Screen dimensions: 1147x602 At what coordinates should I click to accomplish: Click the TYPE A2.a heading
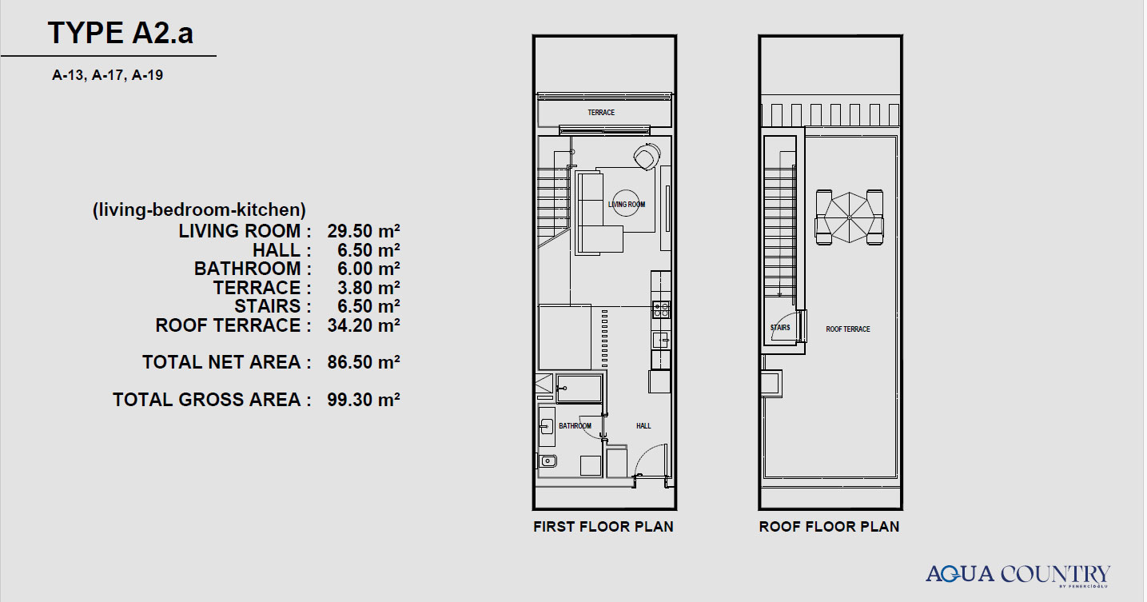121,33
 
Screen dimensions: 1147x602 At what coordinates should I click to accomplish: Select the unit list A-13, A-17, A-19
108,75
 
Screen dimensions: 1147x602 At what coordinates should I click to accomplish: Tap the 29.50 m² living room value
364,231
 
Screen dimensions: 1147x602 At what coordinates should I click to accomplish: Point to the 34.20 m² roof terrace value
364,325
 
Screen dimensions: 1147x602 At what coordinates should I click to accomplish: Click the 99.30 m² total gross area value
364,400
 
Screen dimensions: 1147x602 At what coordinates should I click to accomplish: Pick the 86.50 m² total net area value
364,362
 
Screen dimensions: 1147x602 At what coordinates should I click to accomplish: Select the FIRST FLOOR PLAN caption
603,527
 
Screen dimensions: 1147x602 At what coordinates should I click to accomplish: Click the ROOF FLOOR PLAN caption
829,527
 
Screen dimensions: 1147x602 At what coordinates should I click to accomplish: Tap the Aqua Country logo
1018,575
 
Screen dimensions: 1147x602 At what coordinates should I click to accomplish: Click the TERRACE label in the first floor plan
601,112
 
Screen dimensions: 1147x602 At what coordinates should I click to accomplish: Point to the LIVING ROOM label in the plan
626,205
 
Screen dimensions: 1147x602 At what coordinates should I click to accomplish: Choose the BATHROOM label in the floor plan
575,426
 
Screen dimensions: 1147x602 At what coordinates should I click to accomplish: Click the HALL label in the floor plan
643,426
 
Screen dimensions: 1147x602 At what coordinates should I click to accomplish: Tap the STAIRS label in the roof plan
780,328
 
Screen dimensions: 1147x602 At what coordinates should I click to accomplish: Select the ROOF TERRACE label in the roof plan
848,329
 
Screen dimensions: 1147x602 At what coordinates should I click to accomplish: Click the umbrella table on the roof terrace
849,217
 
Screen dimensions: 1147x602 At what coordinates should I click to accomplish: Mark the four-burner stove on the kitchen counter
661,309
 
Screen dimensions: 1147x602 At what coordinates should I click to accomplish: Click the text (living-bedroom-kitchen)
199,210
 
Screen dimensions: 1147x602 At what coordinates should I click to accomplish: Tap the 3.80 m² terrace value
368,288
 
